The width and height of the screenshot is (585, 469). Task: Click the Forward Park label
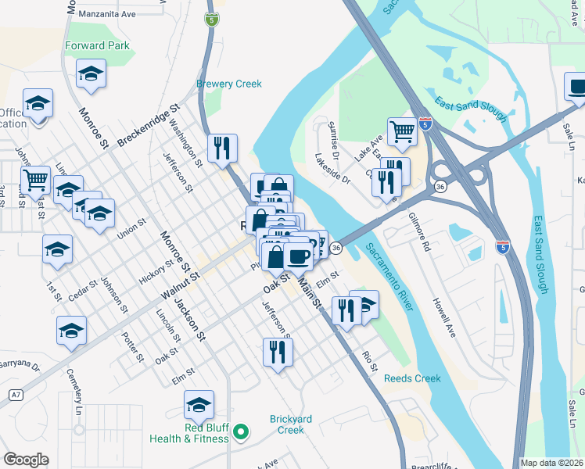coord(98,45)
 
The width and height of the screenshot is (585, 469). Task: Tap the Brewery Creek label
coord(228,84)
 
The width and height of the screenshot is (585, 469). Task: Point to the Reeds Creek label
coord(412,378)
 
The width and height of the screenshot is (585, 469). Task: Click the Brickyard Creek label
coord(291,424)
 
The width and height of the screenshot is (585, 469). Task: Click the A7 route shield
coord(15,396)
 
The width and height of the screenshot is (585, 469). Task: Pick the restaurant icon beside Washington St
coord(222,149)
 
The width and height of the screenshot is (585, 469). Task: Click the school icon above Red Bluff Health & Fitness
coord(199,405)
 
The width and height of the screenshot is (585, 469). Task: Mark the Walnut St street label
coord(181,285)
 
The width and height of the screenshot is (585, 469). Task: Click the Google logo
coord(27,460)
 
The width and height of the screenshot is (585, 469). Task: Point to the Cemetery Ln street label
coord(74,392)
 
